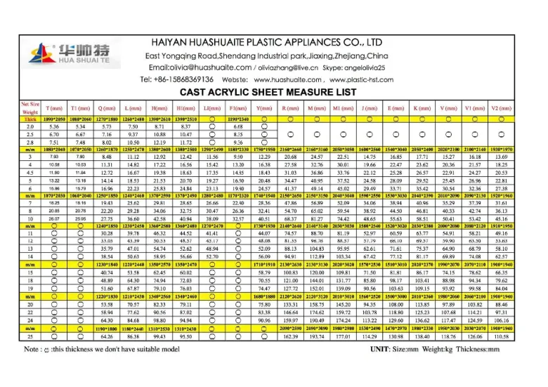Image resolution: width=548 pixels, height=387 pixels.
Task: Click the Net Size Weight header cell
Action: point(30,107)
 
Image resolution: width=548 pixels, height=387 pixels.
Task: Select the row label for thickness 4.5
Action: point(30,172)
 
